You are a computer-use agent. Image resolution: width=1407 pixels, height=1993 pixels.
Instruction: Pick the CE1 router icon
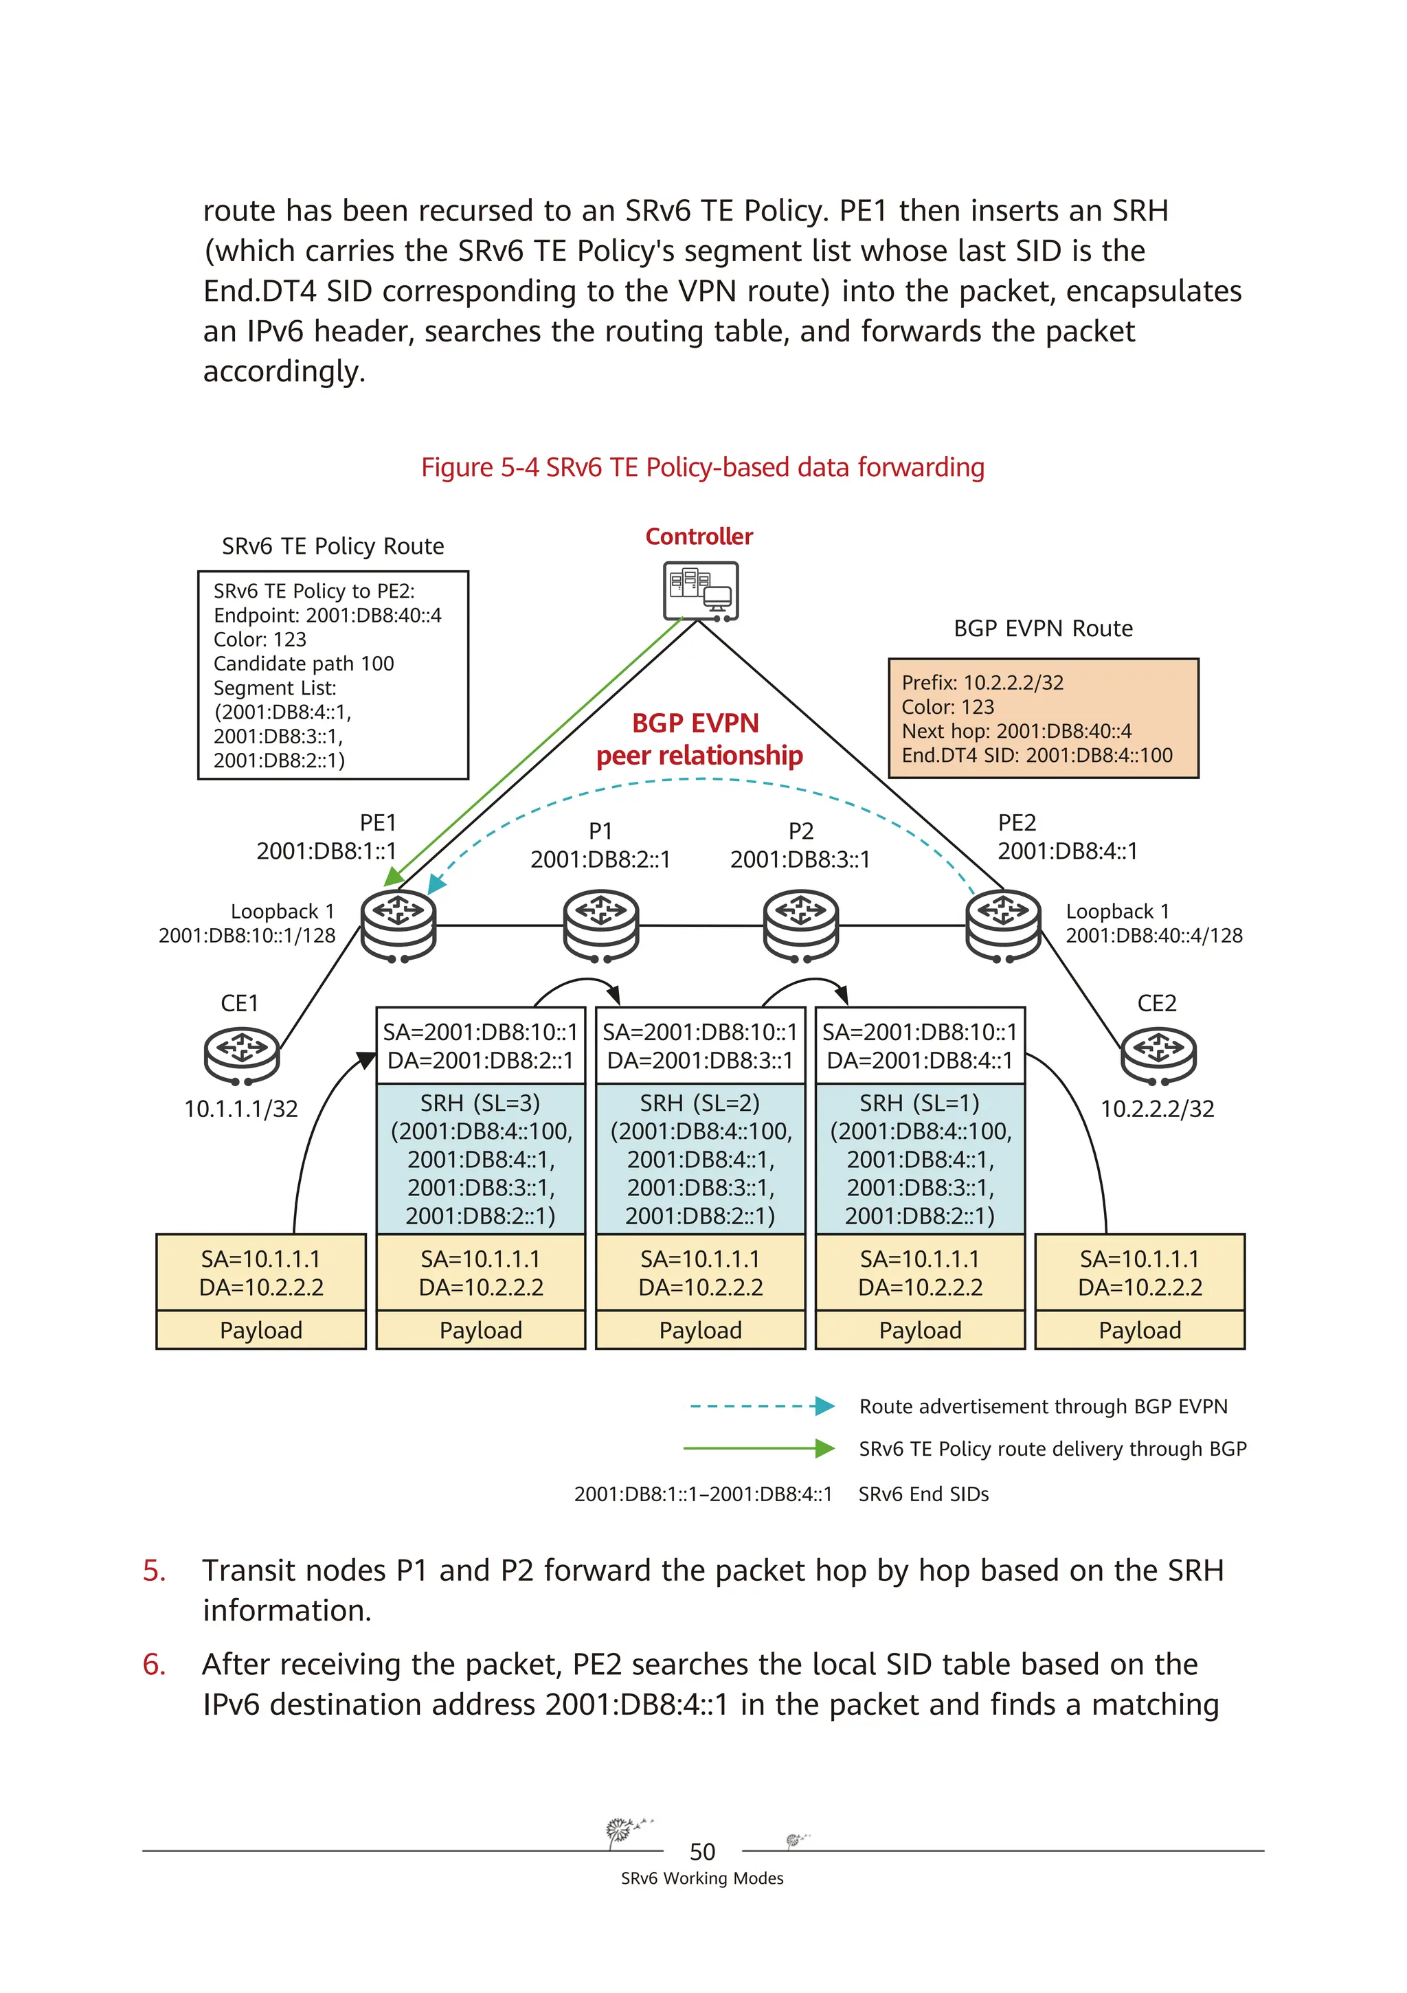(241, 1055)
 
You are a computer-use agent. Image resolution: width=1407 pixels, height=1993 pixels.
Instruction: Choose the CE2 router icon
(1158, 1055)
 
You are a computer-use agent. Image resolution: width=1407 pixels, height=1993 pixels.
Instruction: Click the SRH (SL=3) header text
(480, 1103)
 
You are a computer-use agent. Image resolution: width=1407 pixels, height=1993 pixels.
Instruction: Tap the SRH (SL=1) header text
(919, 1103)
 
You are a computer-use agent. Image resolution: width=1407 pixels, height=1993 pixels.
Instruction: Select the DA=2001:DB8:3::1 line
(699, 1061)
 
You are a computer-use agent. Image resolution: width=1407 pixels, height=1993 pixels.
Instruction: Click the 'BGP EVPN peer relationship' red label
(699, 739)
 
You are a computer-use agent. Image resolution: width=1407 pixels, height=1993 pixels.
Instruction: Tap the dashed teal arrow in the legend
(761, 1406)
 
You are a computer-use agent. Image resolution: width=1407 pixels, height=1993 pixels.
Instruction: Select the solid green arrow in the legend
(758, 1449)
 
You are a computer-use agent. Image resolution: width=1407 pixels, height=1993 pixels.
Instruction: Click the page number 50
(702, 1852)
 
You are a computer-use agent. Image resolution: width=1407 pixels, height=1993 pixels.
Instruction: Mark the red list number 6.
(154, 1664)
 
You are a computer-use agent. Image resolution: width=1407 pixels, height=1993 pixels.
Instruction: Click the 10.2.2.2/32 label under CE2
(1157, 1110)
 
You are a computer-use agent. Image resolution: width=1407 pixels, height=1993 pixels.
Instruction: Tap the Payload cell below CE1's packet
(260, 1331)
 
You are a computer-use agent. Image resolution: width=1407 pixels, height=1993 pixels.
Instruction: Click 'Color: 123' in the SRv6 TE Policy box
(260, 640)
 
